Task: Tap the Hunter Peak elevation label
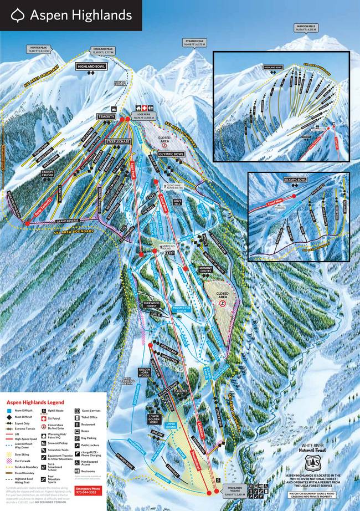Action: (x=38, y=50)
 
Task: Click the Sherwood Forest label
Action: (x=152, y=305)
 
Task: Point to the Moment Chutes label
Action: (x=205, y=269)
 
